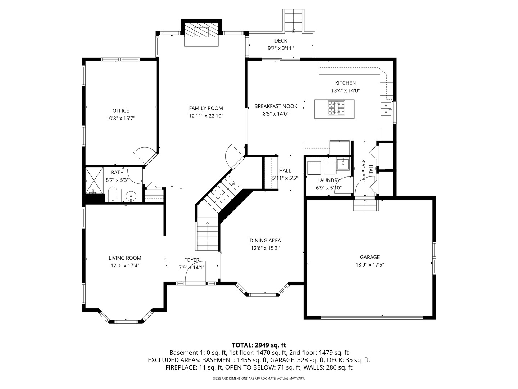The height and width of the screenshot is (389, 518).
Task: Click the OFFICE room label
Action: click(121, 111)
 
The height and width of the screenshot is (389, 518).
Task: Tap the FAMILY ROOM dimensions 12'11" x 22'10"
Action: click(206, 116)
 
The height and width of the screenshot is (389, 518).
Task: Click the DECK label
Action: click(281, 41)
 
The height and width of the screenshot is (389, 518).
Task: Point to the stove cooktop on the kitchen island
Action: click(336, 108)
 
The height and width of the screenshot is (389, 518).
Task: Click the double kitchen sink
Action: click(386, 109)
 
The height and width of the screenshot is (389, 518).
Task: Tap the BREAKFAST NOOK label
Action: click(276, 106)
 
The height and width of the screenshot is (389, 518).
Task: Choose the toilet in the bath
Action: click(113, 195)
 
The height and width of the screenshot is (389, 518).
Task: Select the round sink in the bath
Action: click(131, 196)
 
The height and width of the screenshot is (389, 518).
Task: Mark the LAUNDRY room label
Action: click(329, 180)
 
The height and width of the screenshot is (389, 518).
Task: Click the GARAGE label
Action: click(370, 257)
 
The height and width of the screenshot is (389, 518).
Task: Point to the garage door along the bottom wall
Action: click(372, 317)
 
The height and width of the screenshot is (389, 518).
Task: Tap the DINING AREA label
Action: click(265, 241)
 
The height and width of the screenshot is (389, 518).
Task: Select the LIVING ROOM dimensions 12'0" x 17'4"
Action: click(125, 265)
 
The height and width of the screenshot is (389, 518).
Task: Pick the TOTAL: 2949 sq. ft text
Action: click(259, 345)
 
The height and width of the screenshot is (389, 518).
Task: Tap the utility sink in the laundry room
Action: click(343, 164)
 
